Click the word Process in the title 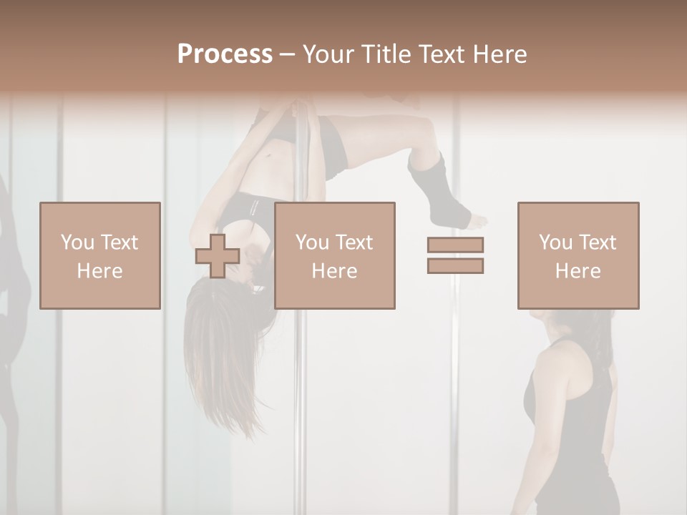(x=225, y=54)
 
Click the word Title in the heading (x=384, y=54)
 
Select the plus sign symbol (x=218, y=256)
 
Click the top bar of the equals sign (x=455, y=245)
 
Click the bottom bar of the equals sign (x=455, y=266)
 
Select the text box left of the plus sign (x=99, y=256)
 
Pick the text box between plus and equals (x=334, y=256)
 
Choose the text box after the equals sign (x=578, y=256)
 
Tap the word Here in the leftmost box (x=99, y=271)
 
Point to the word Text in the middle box (x=355, y=242)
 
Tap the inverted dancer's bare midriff (x=276, y=161)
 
